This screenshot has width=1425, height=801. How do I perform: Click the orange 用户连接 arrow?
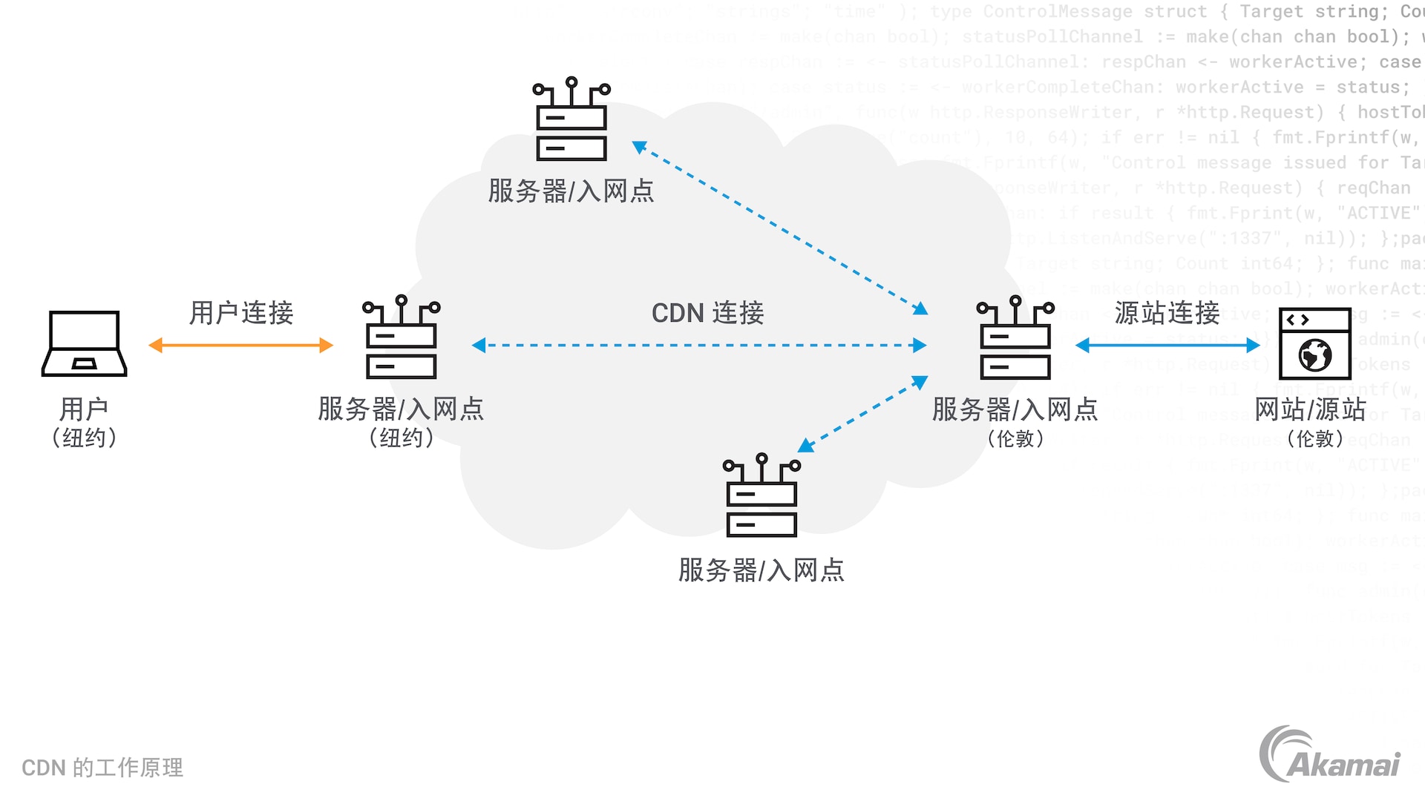point(240,345)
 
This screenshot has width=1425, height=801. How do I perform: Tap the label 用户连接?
point(241,313)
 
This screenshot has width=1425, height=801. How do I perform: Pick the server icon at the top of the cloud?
point(571,119)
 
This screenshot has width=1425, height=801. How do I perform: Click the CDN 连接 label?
point(707,313)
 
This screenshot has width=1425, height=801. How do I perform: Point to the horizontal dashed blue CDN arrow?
point(698,346)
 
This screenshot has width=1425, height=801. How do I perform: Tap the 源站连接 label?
point(1167,313)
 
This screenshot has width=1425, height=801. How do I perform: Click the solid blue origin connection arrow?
point(1167,346)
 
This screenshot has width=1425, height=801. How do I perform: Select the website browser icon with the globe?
point(1314,343)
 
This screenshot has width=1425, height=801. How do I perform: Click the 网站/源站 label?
point(1310,409)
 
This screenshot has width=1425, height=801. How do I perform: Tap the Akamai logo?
point(1329,755)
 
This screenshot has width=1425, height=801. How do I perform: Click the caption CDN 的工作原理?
point(102,768)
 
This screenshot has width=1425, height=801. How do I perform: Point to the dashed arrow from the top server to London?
point(779,228)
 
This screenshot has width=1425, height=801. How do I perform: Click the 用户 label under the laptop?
point(84,409)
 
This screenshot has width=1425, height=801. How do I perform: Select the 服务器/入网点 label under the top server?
point(571,191)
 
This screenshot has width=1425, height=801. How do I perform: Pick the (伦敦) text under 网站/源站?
point(1314,439)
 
